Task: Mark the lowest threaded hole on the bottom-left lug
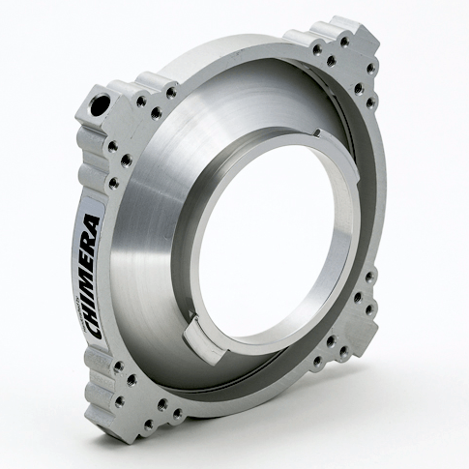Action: point(178,417)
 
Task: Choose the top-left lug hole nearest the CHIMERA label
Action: point(113,182)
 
